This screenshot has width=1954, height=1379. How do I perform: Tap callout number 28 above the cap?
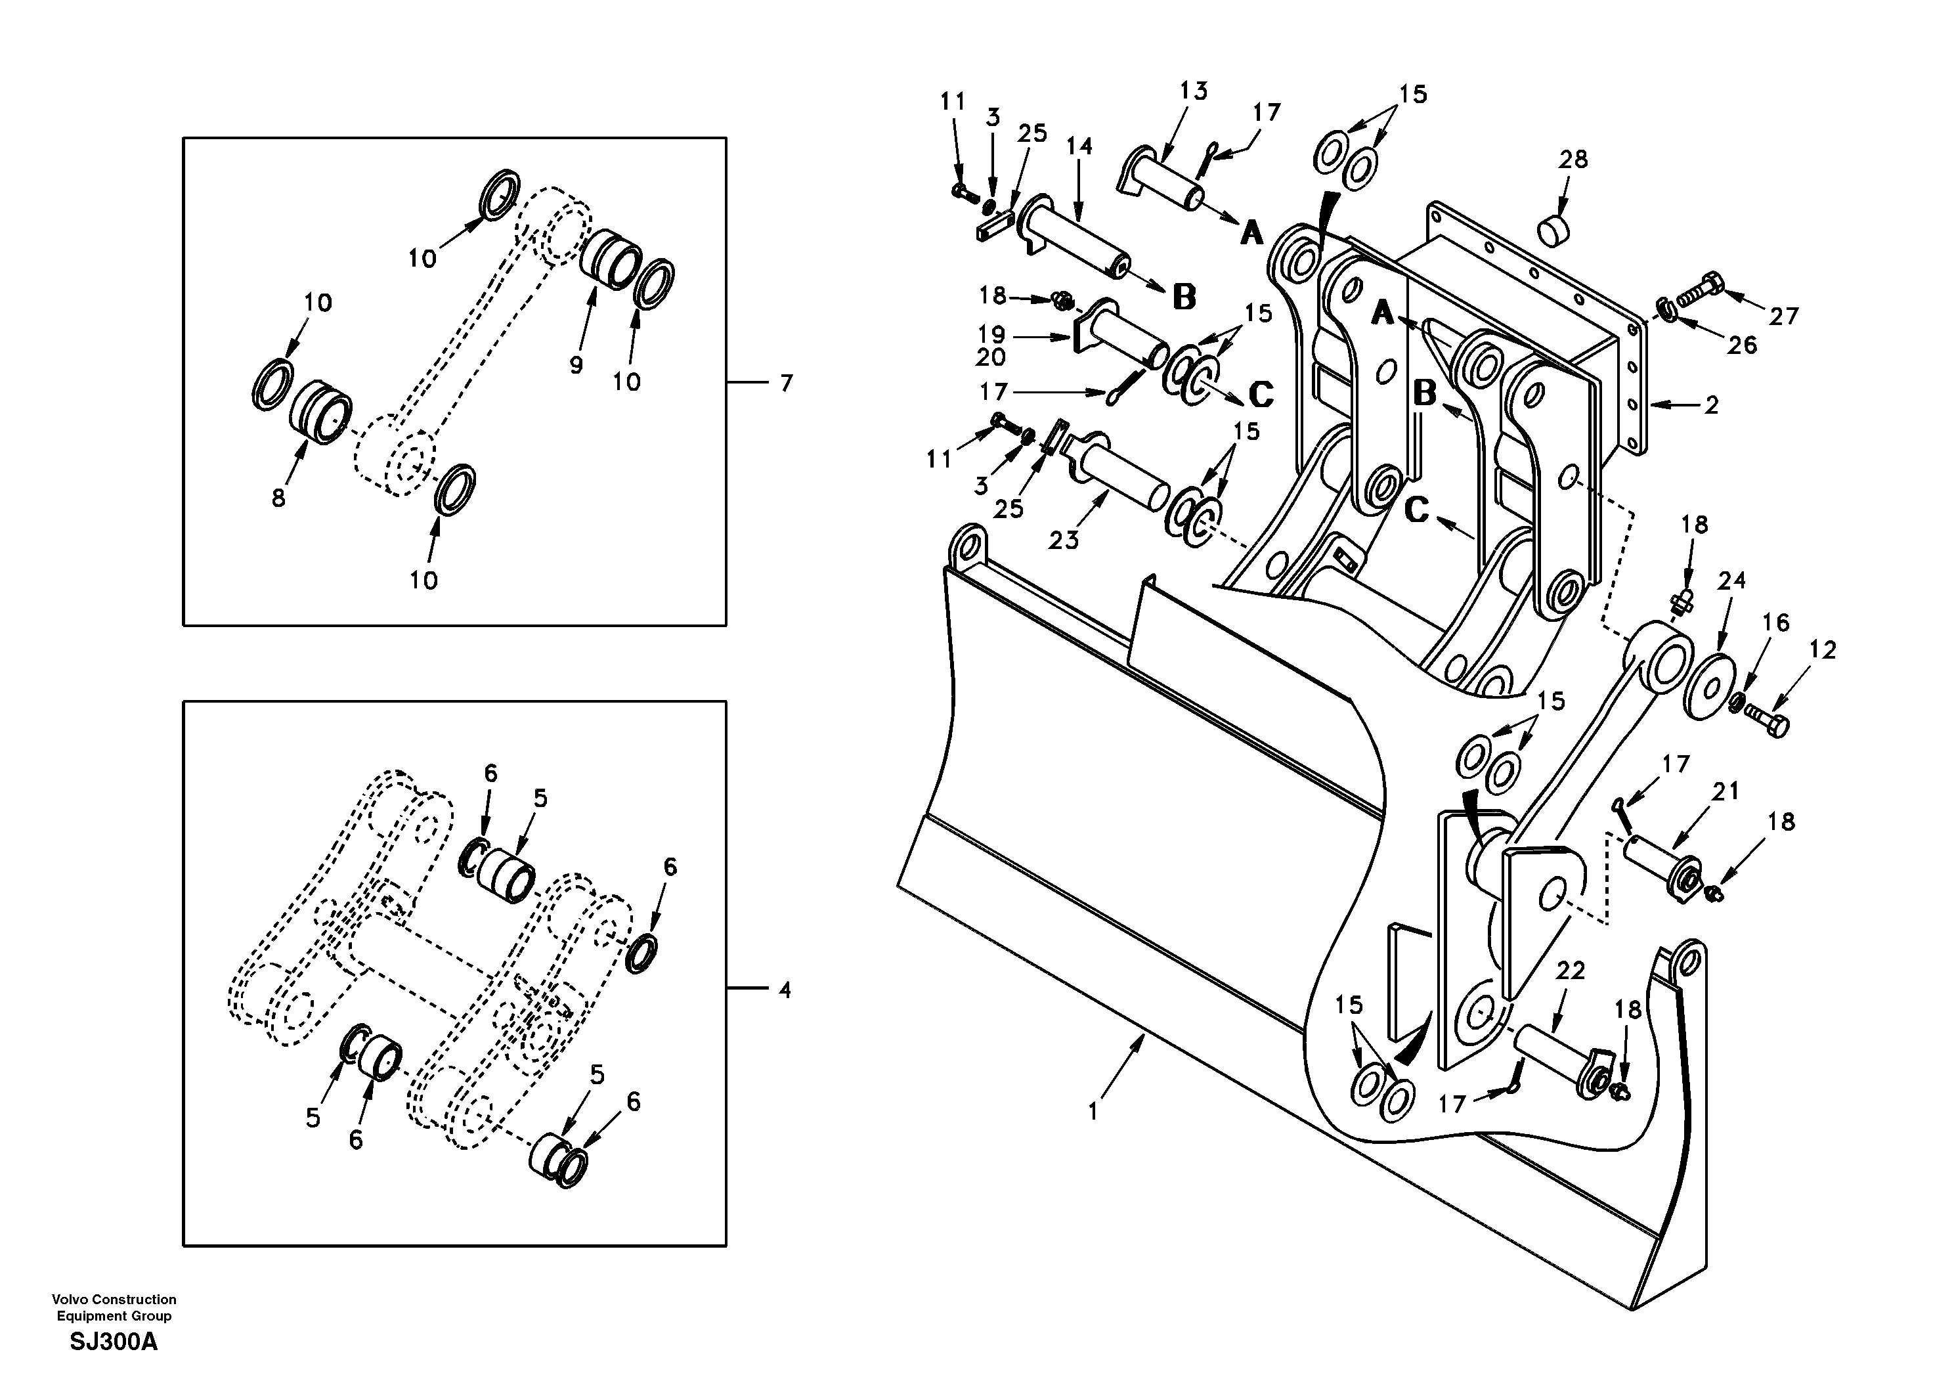coord(1573,159)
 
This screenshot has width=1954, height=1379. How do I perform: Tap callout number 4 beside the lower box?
coord(785,990)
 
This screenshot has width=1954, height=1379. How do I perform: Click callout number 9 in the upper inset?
coord(576,365)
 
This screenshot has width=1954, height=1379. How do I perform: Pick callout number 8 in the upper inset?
coord(278,498)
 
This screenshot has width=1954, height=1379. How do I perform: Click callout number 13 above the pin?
coord(1193,91)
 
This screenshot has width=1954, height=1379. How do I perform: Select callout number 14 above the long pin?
coord(1079,146)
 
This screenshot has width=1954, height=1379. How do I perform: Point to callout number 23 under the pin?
coord(1063,540)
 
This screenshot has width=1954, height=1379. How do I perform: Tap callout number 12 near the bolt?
coord(1822,650)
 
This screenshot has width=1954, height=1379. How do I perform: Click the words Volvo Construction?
coord(114,1299)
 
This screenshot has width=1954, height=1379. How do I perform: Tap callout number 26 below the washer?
coord(1742,345)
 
